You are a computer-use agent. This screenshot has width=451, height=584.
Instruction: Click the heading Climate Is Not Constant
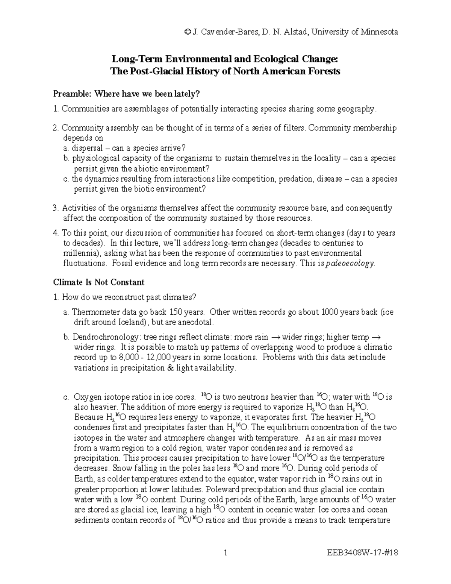coord(99,282)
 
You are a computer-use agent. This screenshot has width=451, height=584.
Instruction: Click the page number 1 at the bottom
coord(225,553)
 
